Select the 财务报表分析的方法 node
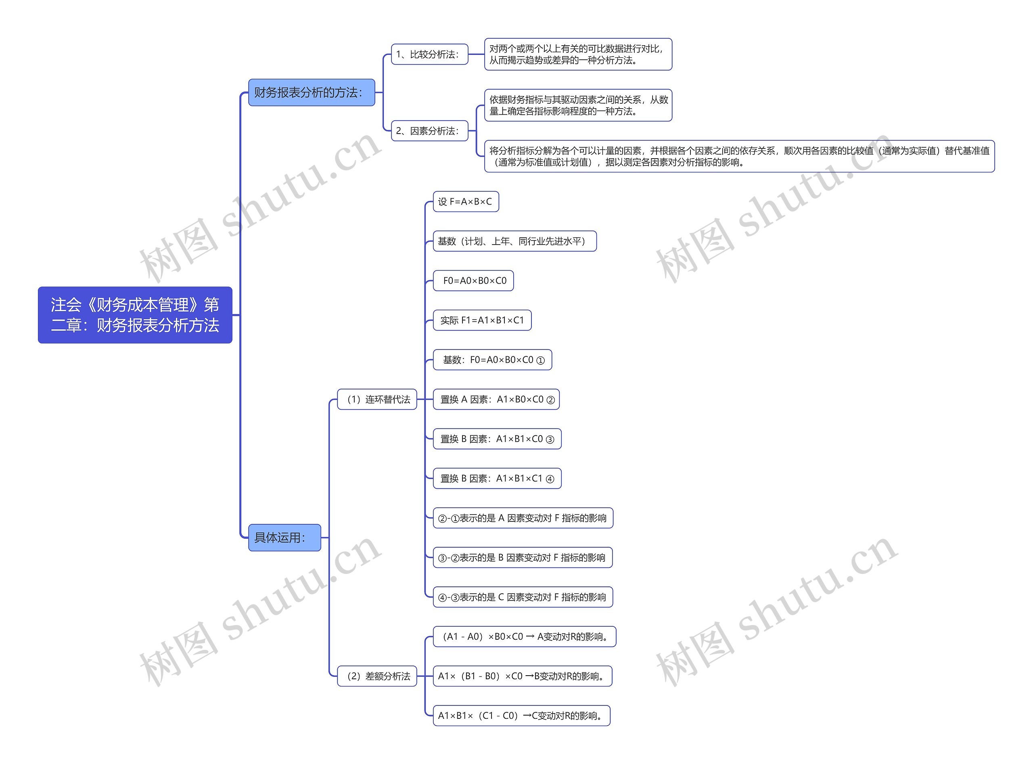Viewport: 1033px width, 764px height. pos(311,92)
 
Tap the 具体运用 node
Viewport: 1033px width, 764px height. pos(284,538)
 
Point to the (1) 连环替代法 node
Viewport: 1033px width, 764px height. pos(377,400)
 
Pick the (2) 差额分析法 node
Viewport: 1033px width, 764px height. pos(377,676)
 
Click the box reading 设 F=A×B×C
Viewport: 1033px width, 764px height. pos(466,202)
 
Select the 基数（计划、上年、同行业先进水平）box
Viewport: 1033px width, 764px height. pos(514,241)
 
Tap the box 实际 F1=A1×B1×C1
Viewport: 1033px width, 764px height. pos(482,320)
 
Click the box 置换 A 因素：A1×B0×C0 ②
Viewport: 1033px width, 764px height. pos(496,400)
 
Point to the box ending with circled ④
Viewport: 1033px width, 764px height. pos(497,479)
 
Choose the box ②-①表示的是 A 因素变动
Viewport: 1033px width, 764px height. pos(523,518)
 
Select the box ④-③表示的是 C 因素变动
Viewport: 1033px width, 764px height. pos(523,597)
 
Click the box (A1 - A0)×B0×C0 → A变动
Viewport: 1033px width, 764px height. pos(524,637)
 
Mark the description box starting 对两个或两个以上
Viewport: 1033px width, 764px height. pos(577,54)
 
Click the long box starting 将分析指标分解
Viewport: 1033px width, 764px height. pos(739,156)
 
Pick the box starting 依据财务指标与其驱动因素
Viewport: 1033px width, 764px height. pos(577,105)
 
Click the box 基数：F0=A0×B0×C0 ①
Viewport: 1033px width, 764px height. pos(492,360)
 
